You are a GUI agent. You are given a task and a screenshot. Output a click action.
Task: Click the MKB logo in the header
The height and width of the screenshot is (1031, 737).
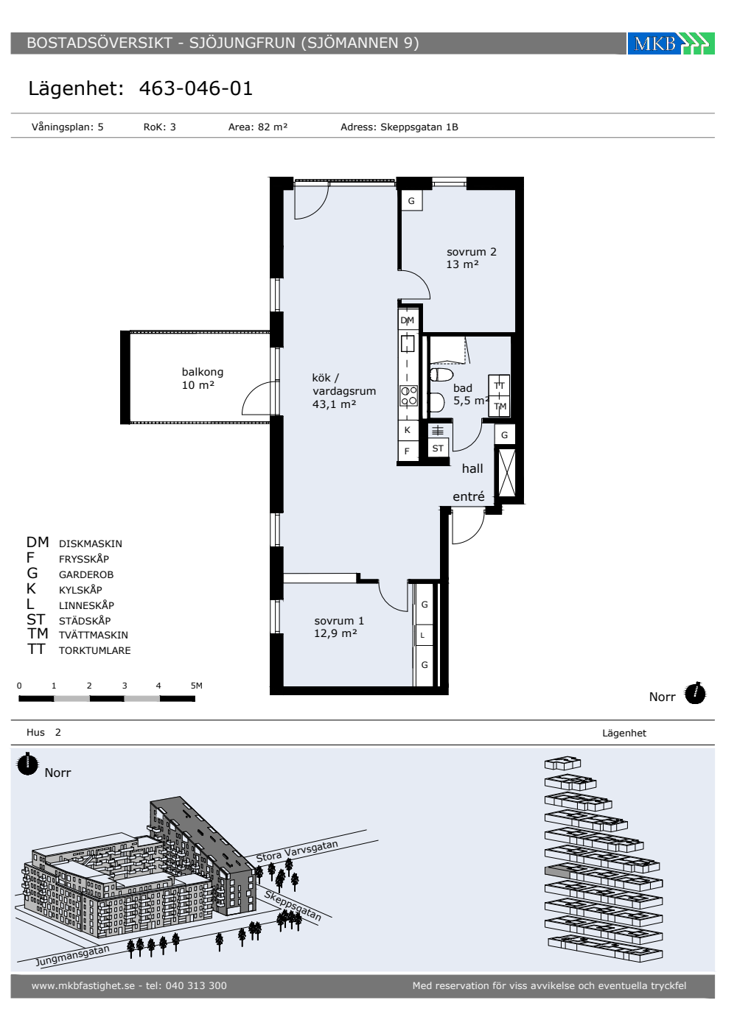(671, 43)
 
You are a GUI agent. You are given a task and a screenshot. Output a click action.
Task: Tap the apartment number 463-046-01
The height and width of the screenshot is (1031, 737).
(196, 88)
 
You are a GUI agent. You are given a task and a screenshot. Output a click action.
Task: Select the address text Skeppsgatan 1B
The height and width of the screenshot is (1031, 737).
(419, 127)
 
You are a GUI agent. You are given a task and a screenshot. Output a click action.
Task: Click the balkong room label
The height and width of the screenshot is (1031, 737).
(202, 372)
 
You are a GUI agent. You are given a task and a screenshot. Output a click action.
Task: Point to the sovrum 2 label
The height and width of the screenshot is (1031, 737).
(471, 252)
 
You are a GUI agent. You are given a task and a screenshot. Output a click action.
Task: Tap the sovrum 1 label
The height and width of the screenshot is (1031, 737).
(339, 621)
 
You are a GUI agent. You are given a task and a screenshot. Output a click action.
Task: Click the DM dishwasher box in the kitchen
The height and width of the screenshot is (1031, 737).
(408, 320)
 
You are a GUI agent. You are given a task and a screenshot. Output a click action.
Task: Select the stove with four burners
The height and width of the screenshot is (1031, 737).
(408, 396)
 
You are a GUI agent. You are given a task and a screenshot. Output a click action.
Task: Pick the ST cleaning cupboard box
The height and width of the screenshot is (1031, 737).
(438, 448)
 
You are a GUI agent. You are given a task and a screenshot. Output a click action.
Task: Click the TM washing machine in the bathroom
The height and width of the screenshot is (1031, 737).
(500, 407)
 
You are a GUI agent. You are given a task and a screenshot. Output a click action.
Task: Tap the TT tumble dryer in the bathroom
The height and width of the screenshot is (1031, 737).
(500, 386)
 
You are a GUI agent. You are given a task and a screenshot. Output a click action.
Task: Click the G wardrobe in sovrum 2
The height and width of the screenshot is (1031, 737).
(411, 200)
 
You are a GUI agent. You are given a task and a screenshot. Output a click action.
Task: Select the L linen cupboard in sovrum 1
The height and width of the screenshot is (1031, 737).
(423, 636)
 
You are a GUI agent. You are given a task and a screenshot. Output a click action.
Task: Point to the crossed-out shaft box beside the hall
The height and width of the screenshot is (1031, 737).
(507, 473)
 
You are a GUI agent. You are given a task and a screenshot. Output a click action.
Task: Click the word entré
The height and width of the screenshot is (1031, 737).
(469, 496)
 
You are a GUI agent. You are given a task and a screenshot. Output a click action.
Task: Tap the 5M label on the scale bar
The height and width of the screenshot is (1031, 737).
(197, 686)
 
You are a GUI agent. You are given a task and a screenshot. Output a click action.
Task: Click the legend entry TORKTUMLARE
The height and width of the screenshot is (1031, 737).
(95, 650)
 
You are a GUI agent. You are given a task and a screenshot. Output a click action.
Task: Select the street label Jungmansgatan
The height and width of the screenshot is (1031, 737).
(73, 956)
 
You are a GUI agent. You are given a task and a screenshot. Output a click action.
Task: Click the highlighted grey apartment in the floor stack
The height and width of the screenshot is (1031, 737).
(557, 871)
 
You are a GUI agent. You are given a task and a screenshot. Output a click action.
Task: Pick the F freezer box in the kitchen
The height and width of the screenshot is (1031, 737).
(407, 451)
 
